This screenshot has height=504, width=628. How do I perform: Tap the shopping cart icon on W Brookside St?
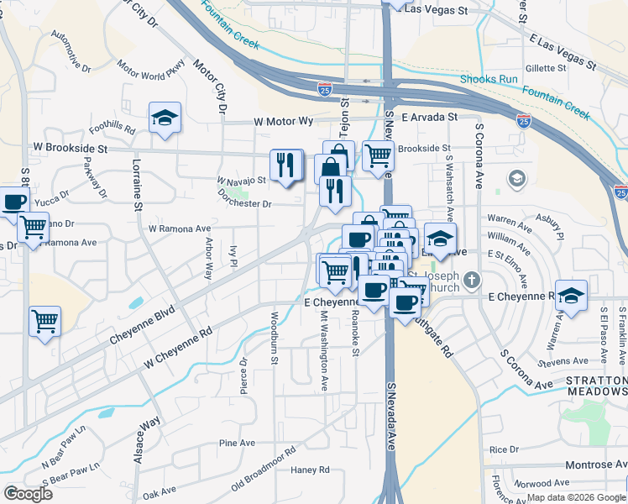(379, 155)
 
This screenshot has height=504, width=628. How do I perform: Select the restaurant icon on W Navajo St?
(286, 165)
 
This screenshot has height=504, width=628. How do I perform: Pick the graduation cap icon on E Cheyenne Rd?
(571, 296)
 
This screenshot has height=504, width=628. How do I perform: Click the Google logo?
(28, 494)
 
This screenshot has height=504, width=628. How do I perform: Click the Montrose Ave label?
(594, 465)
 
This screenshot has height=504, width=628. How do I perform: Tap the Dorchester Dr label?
(244, 204)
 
